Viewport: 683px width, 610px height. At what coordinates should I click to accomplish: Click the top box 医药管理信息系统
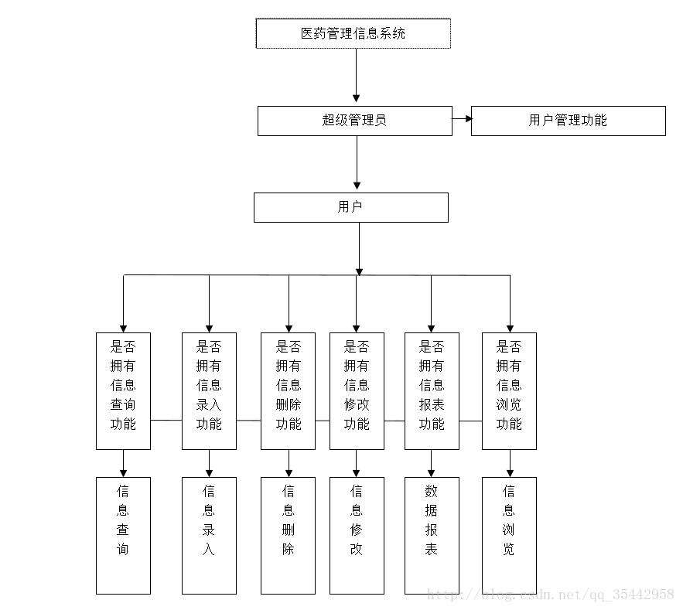click(x=353, y=33)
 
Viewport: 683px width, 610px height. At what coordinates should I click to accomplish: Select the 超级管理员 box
click(x=355, y=121)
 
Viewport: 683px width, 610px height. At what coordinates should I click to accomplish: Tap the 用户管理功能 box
click(x=569, y=121)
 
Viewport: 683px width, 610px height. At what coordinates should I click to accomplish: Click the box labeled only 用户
click(x=351, y=208)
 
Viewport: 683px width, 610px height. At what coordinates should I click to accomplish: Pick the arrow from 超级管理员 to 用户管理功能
click(x=462, y=118)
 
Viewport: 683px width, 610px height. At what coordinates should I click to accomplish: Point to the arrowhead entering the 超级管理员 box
click(x=357, y=99)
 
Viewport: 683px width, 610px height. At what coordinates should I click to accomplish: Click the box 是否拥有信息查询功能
click(x=123, y=391)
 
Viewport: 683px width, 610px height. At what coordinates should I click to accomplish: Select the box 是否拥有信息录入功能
click(x=209, y=391)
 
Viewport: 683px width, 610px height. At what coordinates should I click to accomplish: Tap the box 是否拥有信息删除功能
click(x=288, y=391)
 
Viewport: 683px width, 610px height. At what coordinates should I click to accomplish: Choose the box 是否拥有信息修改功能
click(x=357, y=391)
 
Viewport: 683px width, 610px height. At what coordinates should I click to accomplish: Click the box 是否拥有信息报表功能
click(x=432, y=391)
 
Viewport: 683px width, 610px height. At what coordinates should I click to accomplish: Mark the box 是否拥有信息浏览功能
click(x=509, y=391)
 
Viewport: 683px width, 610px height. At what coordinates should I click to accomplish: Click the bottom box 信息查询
click(x=123, y=536)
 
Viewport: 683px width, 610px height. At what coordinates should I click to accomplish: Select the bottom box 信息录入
click(x=209, y=536)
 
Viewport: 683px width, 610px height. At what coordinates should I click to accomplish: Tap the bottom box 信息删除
click(x=288, y=536)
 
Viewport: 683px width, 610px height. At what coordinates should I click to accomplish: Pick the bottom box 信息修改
click(x=357, y=536)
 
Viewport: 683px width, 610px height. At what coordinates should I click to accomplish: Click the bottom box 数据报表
click(x=432, y=536)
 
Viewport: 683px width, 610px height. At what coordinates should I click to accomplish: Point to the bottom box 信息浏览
click(x=509, y=536)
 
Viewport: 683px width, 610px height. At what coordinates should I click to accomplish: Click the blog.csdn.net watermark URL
click(x=551, y=595)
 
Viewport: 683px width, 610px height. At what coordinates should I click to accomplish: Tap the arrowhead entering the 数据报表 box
click(x=432, y=473)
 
